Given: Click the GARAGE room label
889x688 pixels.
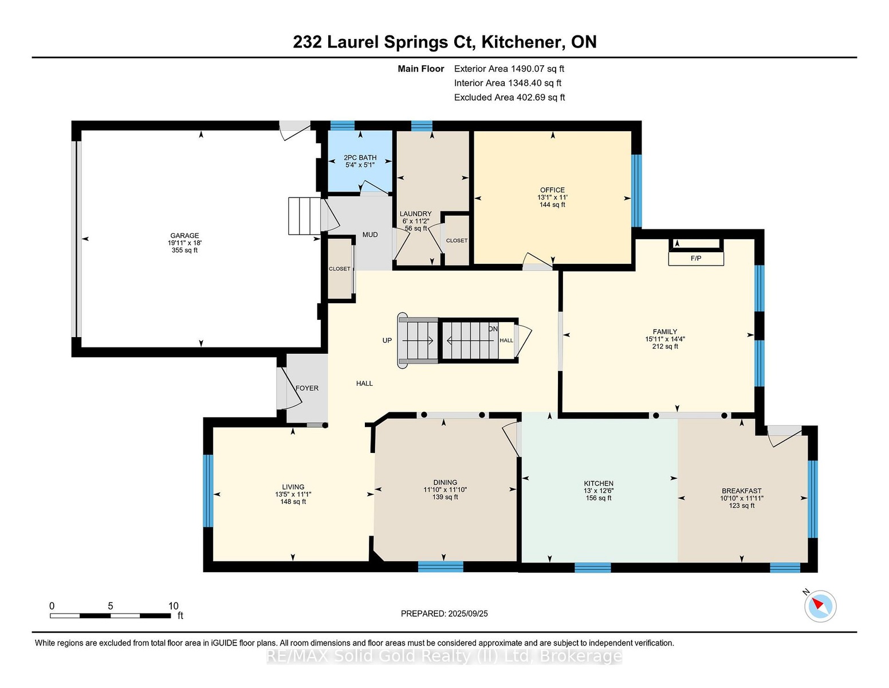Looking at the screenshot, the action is (x=184, y=235).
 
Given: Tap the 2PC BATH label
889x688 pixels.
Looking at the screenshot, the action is (x=360, y=158).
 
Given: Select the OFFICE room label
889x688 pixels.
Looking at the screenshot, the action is (x=552, y=190).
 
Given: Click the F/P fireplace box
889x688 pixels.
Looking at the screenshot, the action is (x=696, y=259).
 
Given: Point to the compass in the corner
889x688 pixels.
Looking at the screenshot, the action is (x=820, y=606).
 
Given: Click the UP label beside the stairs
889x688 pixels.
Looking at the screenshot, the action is (x=387, y=341).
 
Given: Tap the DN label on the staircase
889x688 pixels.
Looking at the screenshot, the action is (x=493, y=329).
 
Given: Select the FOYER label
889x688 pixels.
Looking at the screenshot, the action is (x=307, y=388).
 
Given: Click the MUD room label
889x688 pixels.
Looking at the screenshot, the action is (x=370, y=235).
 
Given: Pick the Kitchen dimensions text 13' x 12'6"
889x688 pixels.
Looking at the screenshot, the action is (x=599, y=491).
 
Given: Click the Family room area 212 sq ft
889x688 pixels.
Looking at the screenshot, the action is (x=665, y=346).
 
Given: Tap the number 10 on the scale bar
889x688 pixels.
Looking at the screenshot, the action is (x=174, y=606).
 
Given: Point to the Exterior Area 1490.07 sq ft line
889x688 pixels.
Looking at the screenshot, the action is (x=509, y=69).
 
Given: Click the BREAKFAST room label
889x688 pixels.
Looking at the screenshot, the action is (x=742, y=491).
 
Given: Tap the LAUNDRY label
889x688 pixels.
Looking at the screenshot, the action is (x=416, y=214).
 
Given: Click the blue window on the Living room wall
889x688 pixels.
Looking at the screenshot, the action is (x=209, y=491).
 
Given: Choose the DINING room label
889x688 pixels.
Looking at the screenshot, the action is (x=445, y=483).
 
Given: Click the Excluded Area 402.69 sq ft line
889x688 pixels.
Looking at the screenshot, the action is (x=509, y=97).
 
